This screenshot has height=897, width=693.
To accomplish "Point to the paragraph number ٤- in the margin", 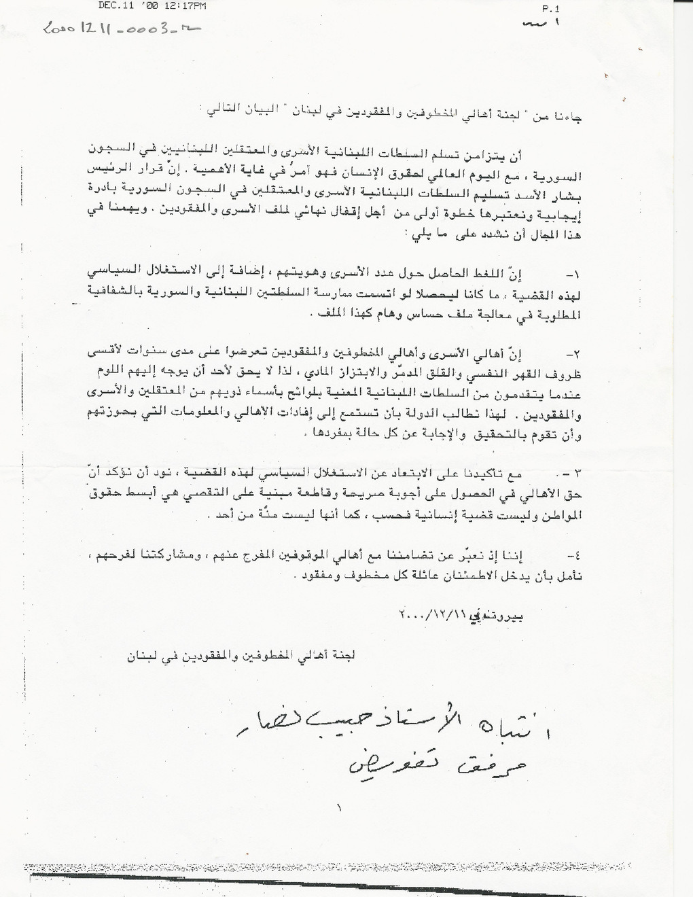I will [574, 554].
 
